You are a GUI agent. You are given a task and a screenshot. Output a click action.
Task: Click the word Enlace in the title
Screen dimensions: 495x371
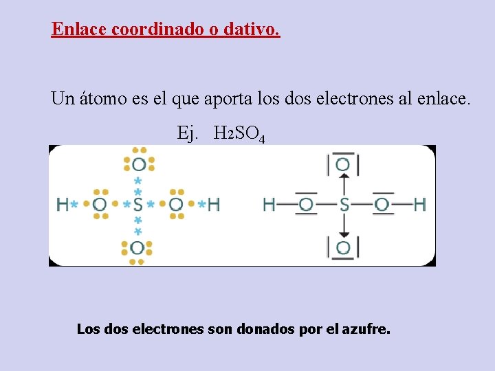click(78, 30)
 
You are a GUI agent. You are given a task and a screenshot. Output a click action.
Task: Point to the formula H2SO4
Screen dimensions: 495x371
click(239, 133)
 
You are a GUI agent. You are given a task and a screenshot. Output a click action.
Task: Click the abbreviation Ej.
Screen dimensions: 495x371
click(187, 133)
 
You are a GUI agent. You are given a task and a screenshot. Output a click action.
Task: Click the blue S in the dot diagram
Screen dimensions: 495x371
click(138, 204)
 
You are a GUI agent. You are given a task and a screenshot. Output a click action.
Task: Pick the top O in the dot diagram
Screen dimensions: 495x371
click(139, 164)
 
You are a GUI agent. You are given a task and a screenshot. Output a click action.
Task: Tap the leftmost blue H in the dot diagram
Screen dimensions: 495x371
click(63, 204)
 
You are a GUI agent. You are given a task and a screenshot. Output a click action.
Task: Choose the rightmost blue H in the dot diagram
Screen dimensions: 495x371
click(213, 204)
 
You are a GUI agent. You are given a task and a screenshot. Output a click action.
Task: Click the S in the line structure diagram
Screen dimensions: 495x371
click(344, 204)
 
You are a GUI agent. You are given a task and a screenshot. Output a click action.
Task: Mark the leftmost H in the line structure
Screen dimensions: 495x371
click(269, 204)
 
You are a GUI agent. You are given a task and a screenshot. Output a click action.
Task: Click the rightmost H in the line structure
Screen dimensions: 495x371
click(420, 204)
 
